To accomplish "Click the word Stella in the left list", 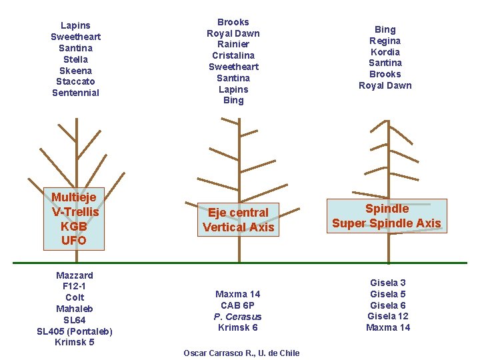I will click(x=75, y=59).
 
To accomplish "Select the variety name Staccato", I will click(x=75, y=81).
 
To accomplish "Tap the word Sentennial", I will click(x=75, y=93).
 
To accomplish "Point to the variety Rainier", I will click(x=233, y=44).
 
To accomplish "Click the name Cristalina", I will click(x=233, y=55).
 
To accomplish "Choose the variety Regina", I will click(x=385, y=41).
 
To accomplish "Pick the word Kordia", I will click(x=385, y=52).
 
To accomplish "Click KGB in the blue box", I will click(x=74, y=226).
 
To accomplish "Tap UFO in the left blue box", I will click(x=74, y=240).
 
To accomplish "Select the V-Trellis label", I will click(x=75, y=212).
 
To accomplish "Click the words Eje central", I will click(x=238, y=213).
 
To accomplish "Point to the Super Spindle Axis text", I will click(x=387, y=223).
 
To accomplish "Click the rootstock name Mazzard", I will click(x=75, y=275).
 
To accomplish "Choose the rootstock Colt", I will click(x=75, y=297).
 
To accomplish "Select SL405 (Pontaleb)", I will click(x=75, y=331).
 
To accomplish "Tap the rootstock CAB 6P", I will click(x=238, y=305).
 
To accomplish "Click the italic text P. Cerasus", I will click(x=238, y=317).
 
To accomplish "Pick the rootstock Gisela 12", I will click(x=388, y=316).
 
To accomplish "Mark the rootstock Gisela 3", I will click(x=388, y=283).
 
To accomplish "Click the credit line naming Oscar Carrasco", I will click(x=241, y=353).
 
